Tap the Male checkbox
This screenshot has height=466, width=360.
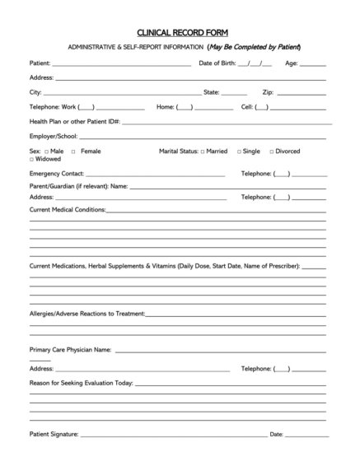tap(46, 151)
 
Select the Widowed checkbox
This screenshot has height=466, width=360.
tap(32, 159)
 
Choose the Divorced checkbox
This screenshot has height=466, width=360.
tap(271, 151)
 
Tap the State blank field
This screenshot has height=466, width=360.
tap(234, 93)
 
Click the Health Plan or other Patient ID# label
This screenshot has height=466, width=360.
tap(75, 121)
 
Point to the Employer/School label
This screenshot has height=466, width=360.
tap(54, 135)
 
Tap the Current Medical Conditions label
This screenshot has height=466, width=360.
tap(68, 210)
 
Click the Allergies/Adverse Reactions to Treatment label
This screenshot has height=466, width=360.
tap(87, 314)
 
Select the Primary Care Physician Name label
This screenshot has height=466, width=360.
tap(70, 349)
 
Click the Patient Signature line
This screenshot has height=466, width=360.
tap(173, 436)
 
